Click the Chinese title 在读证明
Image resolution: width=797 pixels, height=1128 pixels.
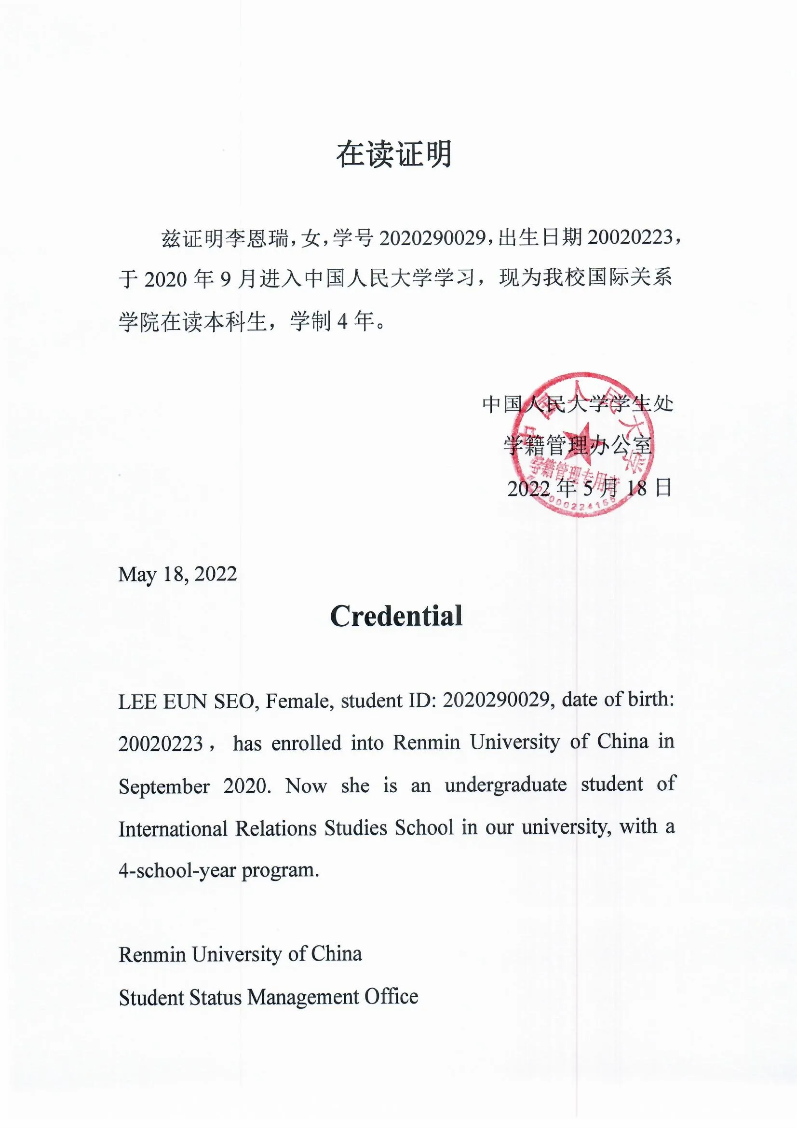394,154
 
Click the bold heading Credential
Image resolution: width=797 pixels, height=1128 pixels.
396,616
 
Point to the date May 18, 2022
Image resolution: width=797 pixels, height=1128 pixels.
177,574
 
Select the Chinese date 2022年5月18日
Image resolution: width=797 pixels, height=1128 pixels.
589,488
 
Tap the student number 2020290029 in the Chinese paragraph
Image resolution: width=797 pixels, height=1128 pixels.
432,238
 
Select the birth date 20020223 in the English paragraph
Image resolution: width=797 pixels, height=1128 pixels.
161,744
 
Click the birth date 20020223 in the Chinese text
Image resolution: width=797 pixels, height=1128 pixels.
630,237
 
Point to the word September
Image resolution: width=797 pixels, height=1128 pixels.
164,786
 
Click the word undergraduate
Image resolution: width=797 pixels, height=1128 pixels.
505,785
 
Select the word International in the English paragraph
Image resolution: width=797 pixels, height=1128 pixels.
172,829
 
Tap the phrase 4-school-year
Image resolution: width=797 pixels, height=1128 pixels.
176,870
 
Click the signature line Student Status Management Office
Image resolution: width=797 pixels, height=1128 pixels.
268,997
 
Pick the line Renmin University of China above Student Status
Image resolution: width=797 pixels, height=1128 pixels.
240,954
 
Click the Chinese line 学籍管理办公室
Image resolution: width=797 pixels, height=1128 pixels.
578,446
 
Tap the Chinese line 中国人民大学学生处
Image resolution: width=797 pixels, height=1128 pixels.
578,404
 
